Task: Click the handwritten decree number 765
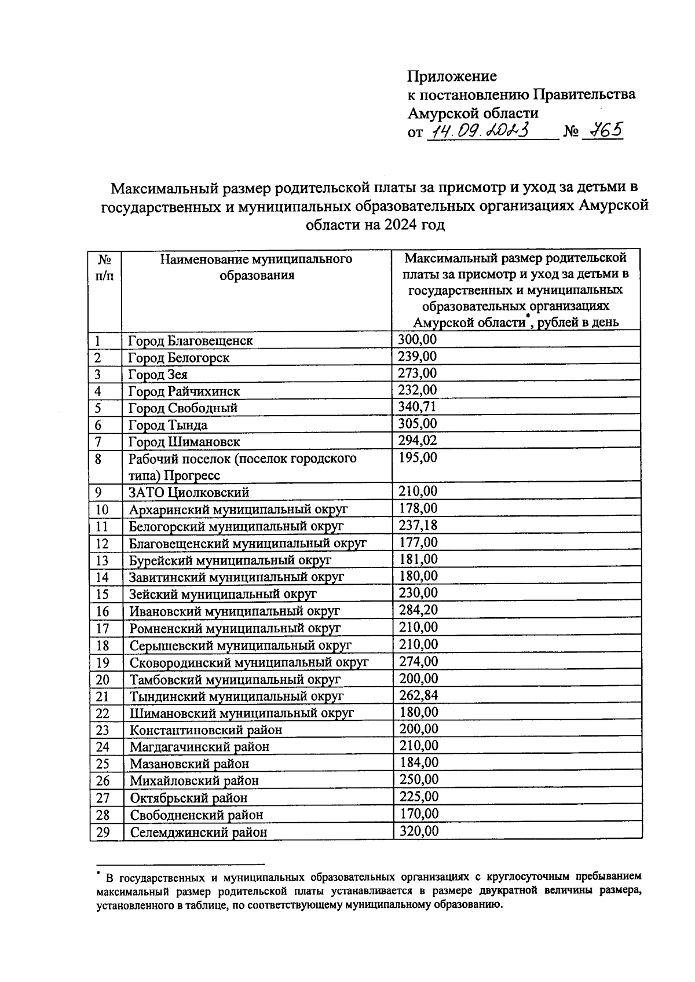tap(602, 131)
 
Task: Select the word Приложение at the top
tap(452, 76)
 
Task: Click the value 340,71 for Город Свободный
tap(417, 406)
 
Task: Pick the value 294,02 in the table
tap(417, 441)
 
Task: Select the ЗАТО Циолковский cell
tap(188, 493)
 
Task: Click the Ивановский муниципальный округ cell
tap(234, 611)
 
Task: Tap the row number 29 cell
tap(103, 832)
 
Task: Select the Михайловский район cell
tap(193, 781)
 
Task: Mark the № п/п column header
tap(104, 267)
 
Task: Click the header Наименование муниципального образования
tap(256, 267)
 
